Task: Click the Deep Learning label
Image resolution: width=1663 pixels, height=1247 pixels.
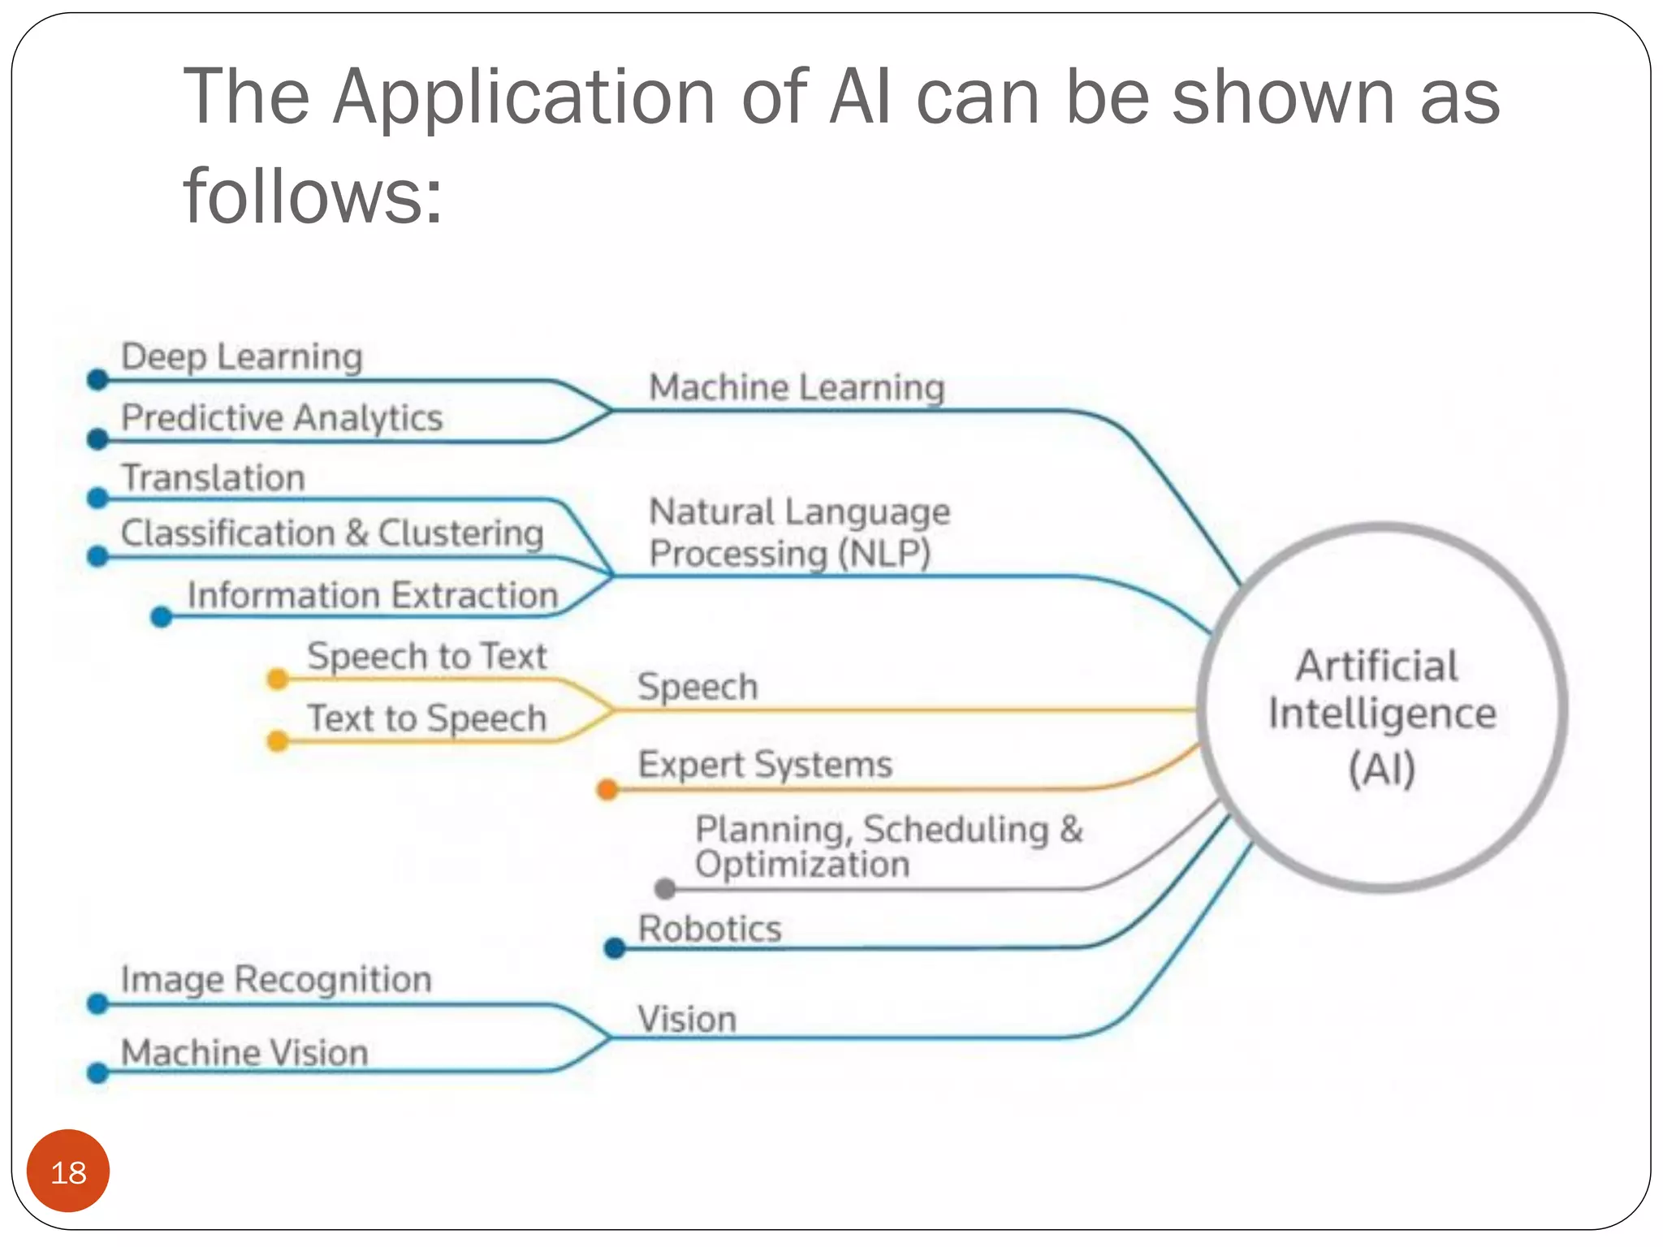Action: click(x=241, y=356)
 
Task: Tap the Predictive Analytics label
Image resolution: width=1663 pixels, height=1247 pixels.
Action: click(x=282, y=418)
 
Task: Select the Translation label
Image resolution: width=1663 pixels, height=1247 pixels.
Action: click(x=213, y=477)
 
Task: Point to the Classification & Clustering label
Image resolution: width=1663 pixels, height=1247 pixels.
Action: click(x=332, y=533)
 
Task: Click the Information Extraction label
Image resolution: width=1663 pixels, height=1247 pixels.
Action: click(x=373, y=595)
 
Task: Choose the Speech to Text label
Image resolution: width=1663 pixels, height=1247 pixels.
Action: click(x=427, y=656)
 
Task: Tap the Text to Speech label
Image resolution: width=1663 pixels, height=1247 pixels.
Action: click(x=427, y=718)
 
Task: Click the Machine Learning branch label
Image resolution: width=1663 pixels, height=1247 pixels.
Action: click(x=797, y=387)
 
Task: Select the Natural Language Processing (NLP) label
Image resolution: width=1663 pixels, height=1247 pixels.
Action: click(x=799, y=533)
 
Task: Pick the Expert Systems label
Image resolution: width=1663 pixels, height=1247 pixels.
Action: click(x=765, y=765)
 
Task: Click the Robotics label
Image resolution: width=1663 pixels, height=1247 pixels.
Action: click(x=710, y=929)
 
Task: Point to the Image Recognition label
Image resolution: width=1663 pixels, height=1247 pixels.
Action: click(x=276, y=979)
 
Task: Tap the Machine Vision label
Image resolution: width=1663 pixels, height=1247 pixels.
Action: click(x=244, y=1053)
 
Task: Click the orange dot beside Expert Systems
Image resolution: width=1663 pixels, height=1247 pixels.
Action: click(x=607, y=788)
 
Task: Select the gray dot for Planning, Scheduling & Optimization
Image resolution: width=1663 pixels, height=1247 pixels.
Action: click(x=665, y=889)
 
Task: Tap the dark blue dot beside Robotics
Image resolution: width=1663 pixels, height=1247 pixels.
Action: click(x=615, y=947)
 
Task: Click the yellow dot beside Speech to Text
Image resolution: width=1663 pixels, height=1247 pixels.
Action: click(x=278, y=679)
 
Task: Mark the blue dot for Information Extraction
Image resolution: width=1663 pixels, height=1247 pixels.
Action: click(x=162, y=618)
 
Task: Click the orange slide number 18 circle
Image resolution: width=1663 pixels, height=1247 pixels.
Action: click(x=68, y=1171)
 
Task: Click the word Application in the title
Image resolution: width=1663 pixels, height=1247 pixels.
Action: click(x=524, y=97)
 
